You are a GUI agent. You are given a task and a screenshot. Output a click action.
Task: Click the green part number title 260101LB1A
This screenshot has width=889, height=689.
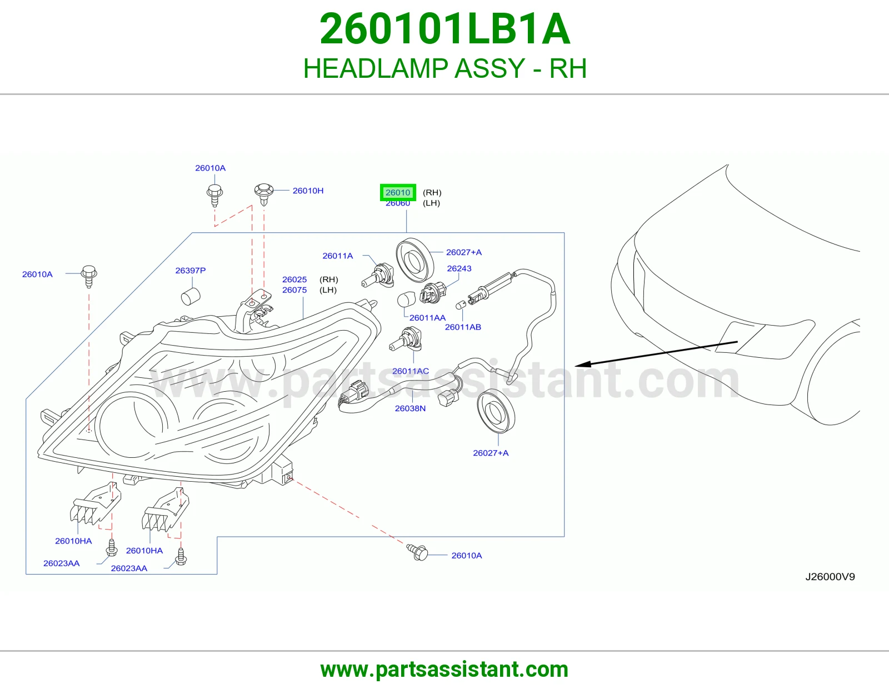[444, 29]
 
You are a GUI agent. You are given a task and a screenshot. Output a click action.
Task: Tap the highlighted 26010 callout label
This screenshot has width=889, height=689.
[398, 192]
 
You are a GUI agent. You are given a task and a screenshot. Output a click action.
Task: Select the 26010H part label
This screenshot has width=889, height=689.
[308, 191]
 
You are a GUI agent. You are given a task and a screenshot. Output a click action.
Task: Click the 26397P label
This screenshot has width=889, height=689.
[190, 271]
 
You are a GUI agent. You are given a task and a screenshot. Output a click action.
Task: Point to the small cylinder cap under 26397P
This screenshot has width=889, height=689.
[191, 296]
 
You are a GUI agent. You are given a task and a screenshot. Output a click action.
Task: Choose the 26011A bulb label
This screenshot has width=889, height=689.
[337, 256]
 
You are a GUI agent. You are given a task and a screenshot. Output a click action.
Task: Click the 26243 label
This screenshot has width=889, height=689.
[459, 268]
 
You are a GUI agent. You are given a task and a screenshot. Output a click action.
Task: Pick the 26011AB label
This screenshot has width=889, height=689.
[463, 327]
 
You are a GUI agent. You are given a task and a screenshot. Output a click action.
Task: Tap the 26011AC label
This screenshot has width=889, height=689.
[411, 371]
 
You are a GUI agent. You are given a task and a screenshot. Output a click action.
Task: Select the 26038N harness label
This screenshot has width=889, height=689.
[410, 408]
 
